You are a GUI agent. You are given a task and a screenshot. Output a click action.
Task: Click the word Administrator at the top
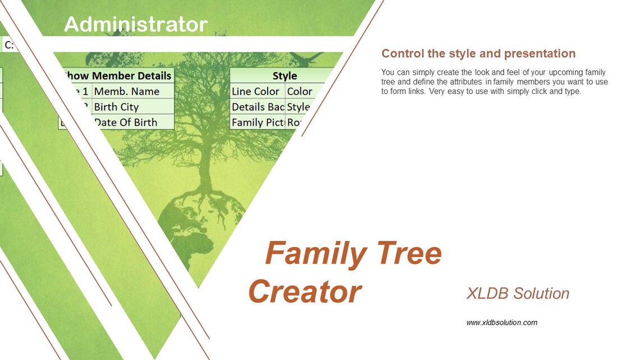point(136,24)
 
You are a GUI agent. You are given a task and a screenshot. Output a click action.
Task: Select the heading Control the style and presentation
point(478,53)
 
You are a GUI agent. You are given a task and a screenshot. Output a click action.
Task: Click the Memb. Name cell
point(127,92)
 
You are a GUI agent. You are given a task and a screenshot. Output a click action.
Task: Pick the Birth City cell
point(117,107)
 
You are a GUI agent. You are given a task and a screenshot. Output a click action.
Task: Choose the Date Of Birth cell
point(126,122)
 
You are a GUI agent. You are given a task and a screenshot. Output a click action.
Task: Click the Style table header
point(284,76)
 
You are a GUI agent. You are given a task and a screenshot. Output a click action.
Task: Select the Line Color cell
point(256,92)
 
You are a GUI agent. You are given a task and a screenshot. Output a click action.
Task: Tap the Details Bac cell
point(258,107)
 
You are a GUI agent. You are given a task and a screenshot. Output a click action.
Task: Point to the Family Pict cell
point(258,122)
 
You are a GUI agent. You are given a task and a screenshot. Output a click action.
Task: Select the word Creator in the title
point(305,291)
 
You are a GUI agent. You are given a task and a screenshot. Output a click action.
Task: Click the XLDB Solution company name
point(518,293)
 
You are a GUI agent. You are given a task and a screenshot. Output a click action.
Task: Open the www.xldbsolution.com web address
point(501,322)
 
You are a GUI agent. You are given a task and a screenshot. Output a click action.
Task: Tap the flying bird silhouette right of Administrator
point(308,57)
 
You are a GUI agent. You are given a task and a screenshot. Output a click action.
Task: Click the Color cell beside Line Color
point(300,92)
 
